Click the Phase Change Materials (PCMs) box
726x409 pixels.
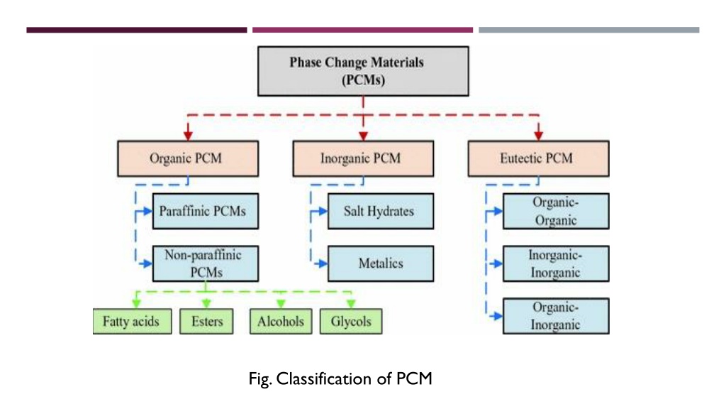tap(363, 71)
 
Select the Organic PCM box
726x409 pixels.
tap(188, 158)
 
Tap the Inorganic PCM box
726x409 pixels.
tap(364, 158)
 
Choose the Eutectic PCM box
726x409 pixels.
tap(539, 158)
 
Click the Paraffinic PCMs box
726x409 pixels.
tap(206, 211)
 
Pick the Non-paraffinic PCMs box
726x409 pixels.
tap(206, 263)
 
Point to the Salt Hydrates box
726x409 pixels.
tap(381, 211)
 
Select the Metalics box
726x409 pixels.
tap(381, 263)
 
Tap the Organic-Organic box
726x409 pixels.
tap(556, 211)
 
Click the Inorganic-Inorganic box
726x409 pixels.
tap(556, 263)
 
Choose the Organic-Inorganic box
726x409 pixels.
tap(556, 316)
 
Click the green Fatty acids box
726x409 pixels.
tap(132, 322)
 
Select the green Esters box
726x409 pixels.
tap(206, 322)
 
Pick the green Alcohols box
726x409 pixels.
tap(281, 322)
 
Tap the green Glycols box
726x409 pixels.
tap(351, 322)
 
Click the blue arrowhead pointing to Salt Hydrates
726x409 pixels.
tap(323, 212)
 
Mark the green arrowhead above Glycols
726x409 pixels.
tap(351, 304)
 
